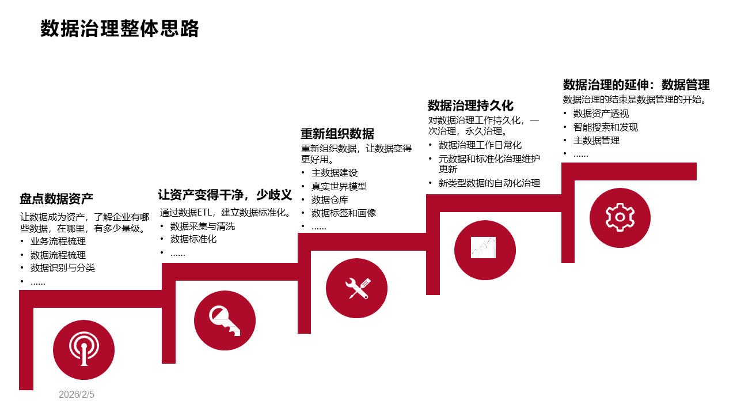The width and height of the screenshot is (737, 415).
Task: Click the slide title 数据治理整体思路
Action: coord(120,29)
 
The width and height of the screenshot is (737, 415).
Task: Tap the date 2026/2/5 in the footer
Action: coord(76,395)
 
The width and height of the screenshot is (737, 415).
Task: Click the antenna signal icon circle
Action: coord(83,350)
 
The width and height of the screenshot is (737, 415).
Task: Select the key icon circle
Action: coord(225,319)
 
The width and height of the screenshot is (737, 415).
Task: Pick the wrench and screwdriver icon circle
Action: coord(356,288)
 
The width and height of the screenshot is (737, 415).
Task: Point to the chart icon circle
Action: coord(485,249)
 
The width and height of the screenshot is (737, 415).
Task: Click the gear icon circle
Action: coord(620,217)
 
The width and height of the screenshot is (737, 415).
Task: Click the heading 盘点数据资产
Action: coord(56,199)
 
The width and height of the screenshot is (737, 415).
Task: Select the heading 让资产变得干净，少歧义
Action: coord(225,195)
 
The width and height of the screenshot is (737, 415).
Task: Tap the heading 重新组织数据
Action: coord(337,134)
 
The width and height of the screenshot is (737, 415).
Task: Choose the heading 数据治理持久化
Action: coord(470,105)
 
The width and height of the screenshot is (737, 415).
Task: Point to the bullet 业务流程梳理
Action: coord(58,241)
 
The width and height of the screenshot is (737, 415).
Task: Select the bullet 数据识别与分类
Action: coord(63,268)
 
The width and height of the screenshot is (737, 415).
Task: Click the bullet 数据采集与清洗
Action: coord(203,226)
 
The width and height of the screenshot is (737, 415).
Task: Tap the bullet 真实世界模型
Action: coord(339,186)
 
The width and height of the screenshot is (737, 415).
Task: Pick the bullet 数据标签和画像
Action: coord(344,213)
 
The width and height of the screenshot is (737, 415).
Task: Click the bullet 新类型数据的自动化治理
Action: coord(489,183)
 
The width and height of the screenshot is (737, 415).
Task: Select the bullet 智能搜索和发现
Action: coord(606,127)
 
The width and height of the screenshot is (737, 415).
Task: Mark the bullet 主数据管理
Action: coord(597,141)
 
